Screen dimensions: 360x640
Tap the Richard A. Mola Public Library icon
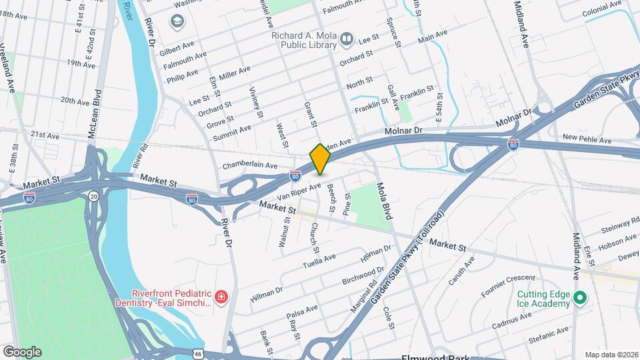click(347, 39)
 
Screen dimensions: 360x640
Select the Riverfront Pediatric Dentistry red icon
click(220, 296)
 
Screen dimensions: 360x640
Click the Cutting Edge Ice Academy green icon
click(579, 298)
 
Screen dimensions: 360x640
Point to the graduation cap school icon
click(177, 23)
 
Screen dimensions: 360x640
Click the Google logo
click(21, 351)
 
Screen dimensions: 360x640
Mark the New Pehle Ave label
click(587, 139)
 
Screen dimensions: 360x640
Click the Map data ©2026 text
click(611, 354)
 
